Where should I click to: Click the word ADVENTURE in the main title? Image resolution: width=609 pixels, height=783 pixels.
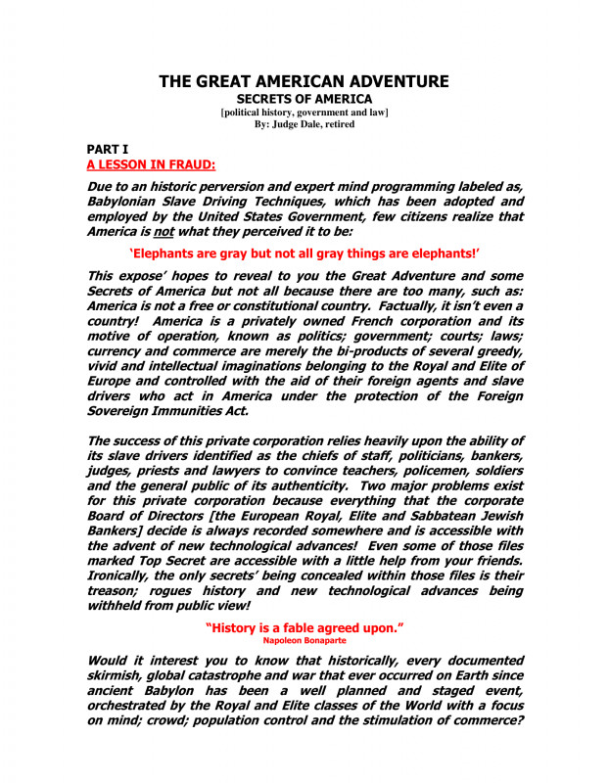pyautogui.click(x=392, y=82)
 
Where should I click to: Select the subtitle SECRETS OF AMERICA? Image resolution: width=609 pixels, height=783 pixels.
pyautogui.click(x=304, y=100)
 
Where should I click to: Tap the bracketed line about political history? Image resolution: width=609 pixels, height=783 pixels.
pyautogui.click(x=304, y=113)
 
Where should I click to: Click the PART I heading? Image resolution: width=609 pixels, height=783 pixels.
pyautogui.click(x=108, y=149)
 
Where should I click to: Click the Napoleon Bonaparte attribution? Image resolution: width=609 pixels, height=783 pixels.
pyautogui.click(x=304, y=639)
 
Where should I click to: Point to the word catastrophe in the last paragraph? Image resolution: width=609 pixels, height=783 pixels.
pyautogui.click(x=254, y=675)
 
